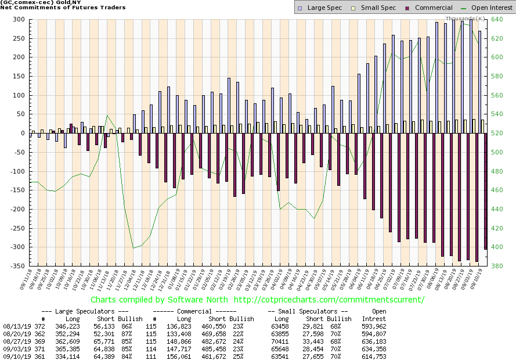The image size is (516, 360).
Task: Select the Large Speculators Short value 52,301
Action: (105, 334)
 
